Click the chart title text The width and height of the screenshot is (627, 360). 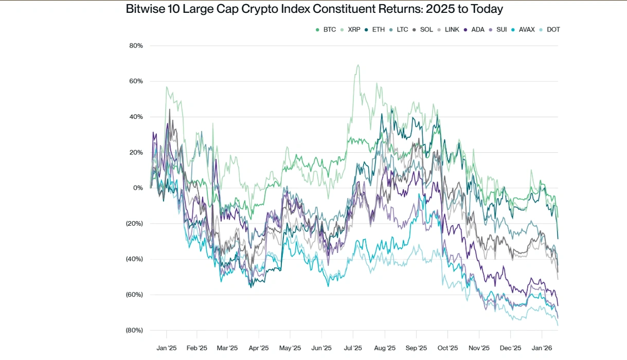[x=314, y=9]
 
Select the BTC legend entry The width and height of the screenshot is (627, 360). [x=326, y=29]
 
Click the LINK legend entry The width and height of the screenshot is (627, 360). [x=448, y=29]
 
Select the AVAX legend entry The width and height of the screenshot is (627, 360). [x=523, y=29]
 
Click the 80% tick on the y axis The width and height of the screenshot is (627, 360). [x=136, y=46]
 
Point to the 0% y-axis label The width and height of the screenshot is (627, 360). [x=138, y=188]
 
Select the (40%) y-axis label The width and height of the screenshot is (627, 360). [x=134, y=259]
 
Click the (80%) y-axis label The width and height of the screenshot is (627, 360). [x=134, y=330]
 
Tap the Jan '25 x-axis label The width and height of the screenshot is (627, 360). [x=166, y=348]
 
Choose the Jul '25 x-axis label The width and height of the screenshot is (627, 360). [x=353, y=348]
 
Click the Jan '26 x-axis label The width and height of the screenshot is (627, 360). [x=542, y=348]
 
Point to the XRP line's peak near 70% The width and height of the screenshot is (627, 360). [x=357, y=65]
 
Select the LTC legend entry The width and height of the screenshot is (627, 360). [x=399, y=29]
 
